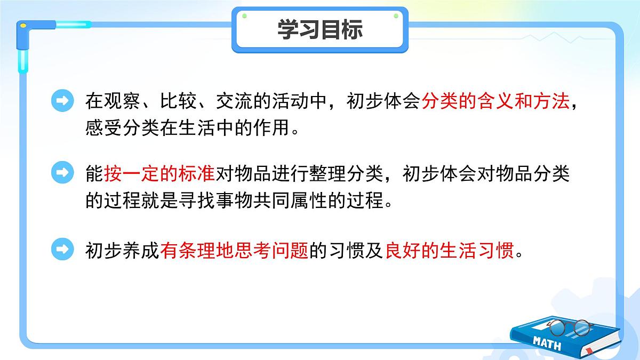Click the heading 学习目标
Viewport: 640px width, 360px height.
pyautogui.click(x=320, y=30)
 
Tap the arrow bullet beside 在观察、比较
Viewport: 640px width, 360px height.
pyautogui.click(x=63, y=101)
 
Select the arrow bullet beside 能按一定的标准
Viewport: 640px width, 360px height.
pyautogui.click(x=63, y=172)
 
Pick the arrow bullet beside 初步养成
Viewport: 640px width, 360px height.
pyautogui.click(x=63, y=249)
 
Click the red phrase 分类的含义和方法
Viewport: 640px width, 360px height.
pyautogui.click(x=495, y=101)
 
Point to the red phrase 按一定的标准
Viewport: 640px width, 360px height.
pyautogui.click(x=159, y=173)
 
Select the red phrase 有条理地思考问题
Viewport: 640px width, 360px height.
pyautogui.click(x=234, y=250)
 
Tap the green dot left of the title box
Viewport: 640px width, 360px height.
pyautogui.click(x=244, y=16)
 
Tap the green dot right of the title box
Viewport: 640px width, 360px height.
pyautogui.click(x=396, y=16)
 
